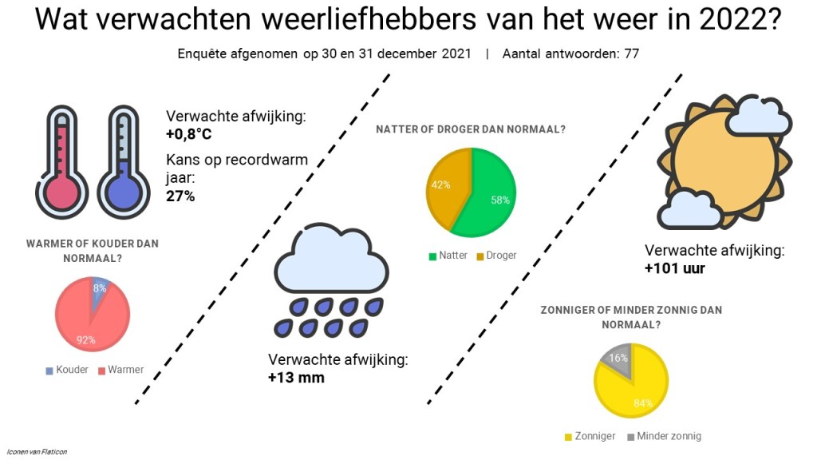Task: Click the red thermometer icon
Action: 61,161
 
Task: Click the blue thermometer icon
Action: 124,161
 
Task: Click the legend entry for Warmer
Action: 121,370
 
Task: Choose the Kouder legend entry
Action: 67,370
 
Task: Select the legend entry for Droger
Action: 496,256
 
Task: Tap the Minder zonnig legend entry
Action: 665,437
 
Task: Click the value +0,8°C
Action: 188,134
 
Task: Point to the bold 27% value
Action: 180,196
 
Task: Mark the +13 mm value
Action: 296,378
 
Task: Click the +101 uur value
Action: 675,268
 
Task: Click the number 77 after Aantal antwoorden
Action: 632,54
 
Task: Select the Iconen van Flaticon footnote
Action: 37,452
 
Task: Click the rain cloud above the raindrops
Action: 331,260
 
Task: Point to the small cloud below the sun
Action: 689,210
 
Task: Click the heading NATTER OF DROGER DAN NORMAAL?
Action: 471,129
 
